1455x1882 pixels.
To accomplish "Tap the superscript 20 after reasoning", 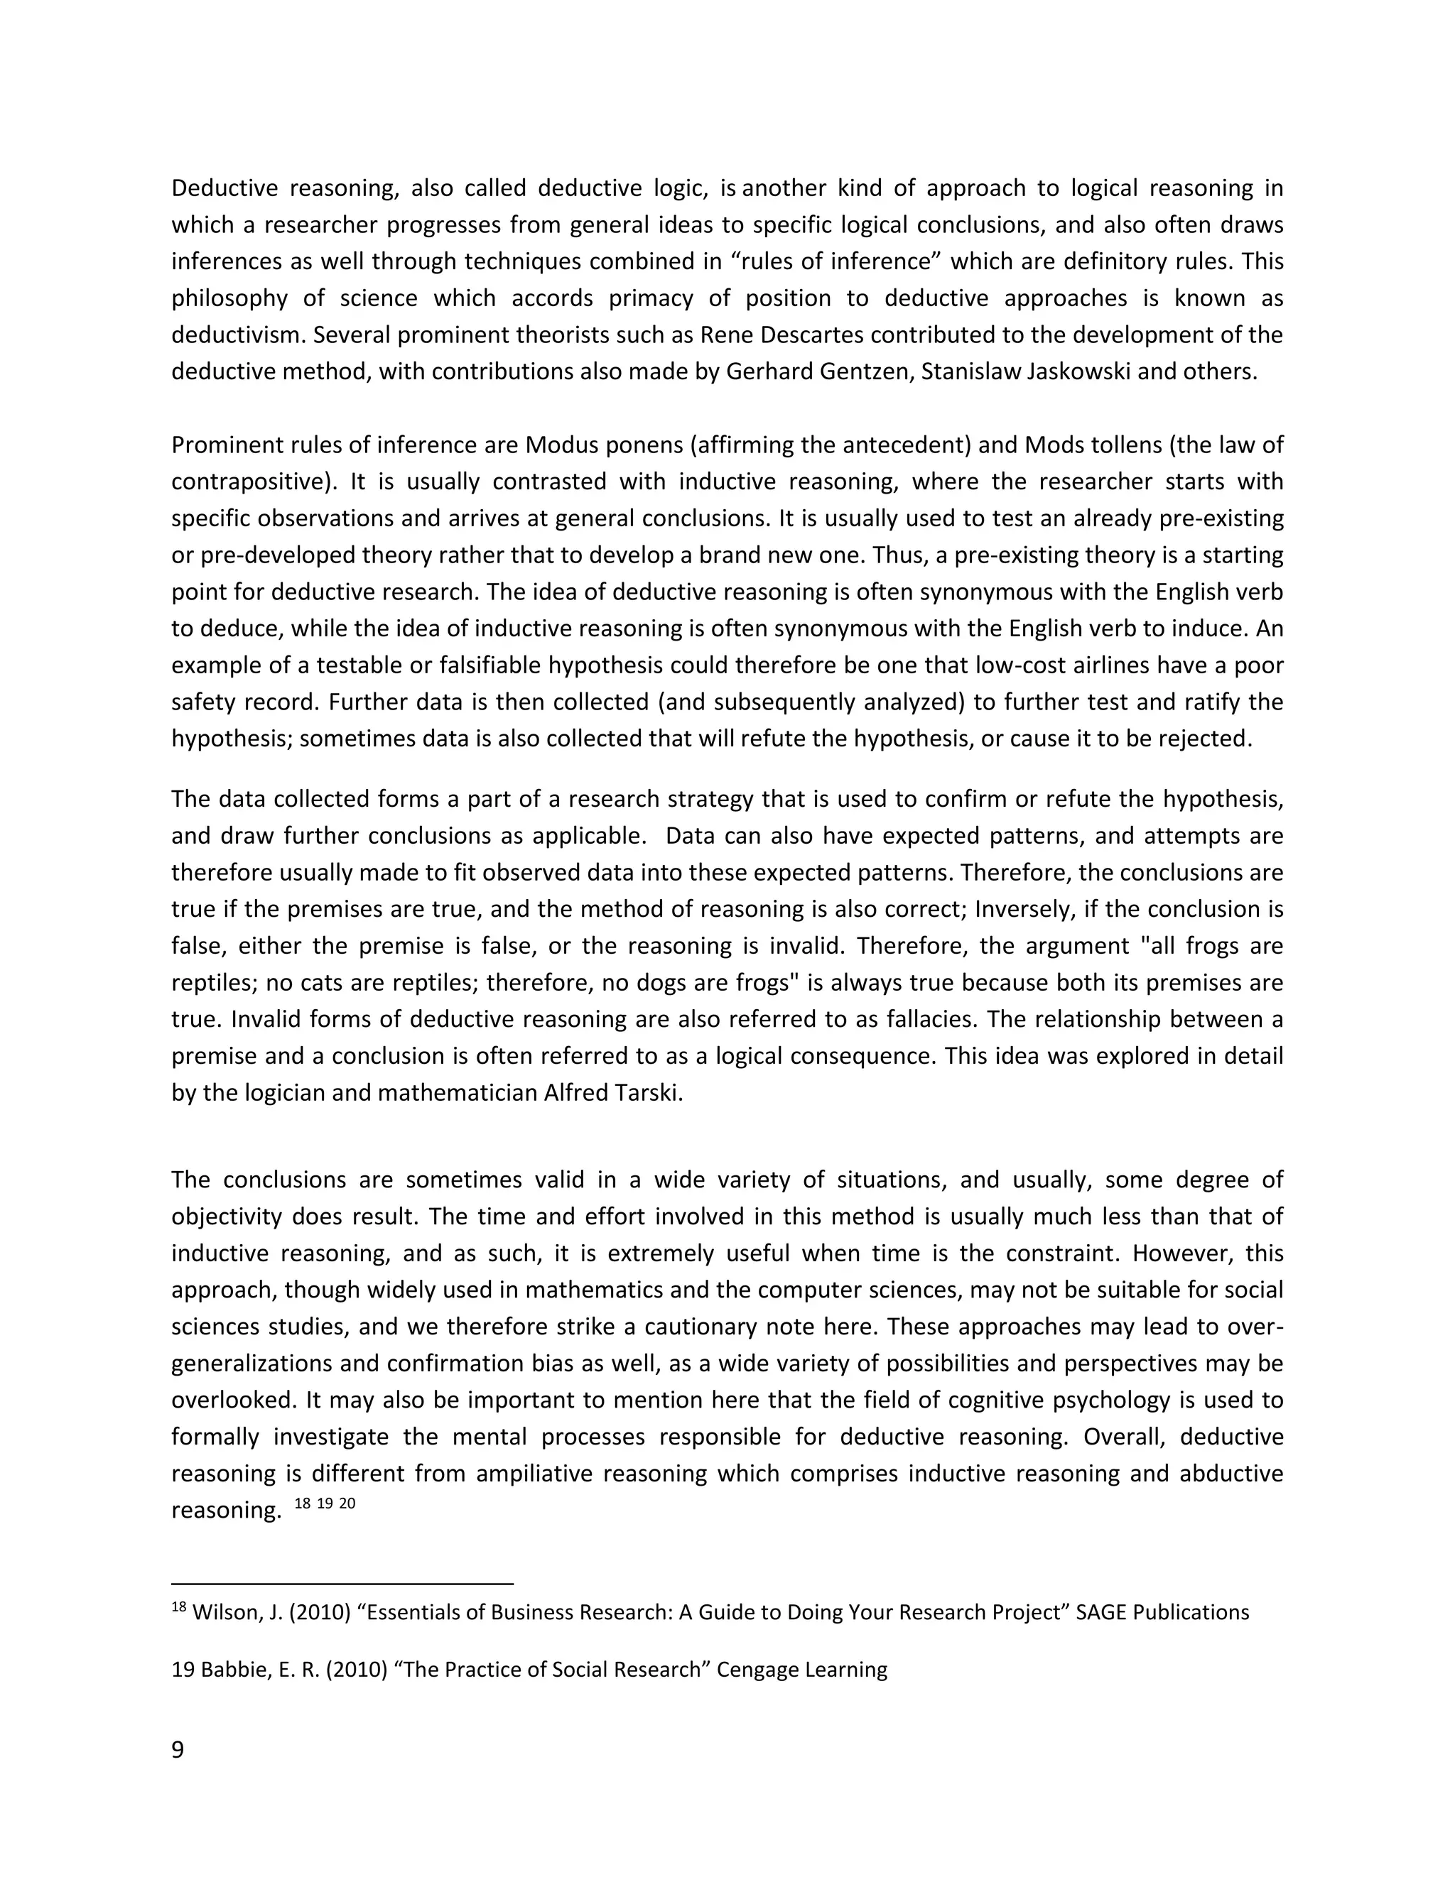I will point(347,1503).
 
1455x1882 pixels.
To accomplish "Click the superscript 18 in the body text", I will point(302,1503).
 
